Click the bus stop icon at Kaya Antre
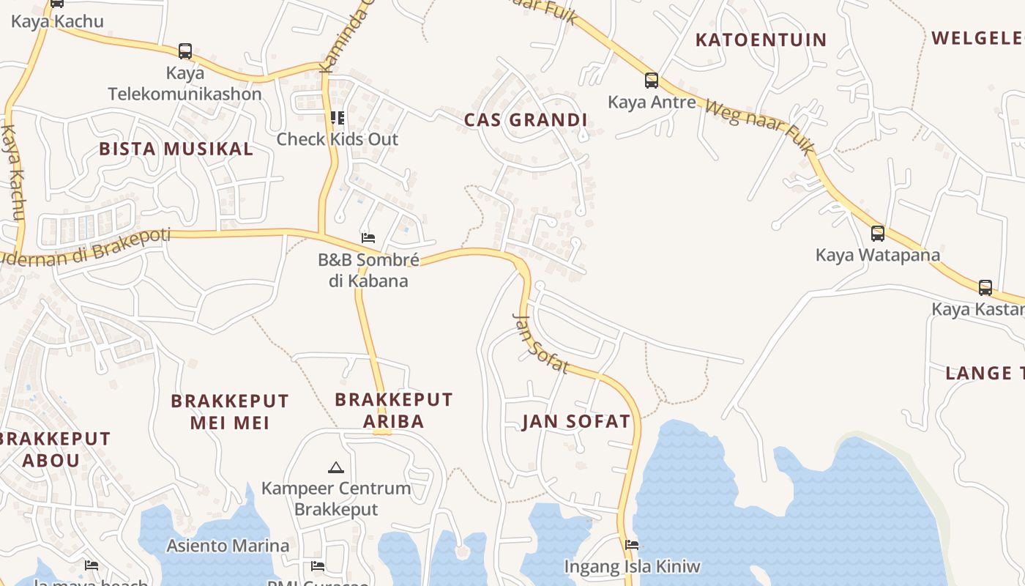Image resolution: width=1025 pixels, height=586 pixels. [x=651, y=80]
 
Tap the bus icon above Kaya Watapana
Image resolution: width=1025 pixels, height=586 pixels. [x=877, y=234]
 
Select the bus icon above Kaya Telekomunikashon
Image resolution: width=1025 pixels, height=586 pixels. [x=185, y=51]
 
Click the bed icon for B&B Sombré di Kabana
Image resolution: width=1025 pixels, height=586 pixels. [x=368, y=237]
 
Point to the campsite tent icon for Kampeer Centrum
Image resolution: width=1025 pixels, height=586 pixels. [x=335, y=467]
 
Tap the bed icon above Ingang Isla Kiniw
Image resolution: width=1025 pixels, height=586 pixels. [x=632, y=544]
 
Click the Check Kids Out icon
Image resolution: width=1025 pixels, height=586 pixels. [x=337, y=117]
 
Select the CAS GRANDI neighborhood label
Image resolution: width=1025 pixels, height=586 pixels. [x=526, y=120]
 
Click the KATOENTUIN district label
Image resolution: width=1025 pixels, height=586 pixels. [x=761, y=40]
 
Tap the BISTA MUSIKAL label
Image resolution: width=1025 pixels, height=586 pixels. [x=176, y=149]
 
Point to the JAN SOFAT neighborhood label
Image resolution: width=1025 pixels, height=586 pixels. [x=575, y=421]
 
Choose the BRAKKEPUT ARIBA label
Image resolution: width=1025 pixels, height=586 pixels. [x=394, y=410]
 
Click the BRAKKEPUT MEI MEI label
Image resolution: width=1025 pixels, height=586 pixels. [x=230, y=412]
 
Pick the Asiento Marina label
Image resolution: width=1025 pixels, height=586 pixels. [x=228, y=546]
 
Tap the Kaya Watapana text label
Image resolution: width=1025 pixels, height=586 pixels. [x=877, y=255]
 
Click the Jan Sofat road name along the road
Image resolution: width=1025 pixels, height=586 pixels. [x=540, y=344]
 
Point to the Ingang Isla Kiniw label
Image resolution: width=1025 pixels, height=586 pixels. [x=632, y=566]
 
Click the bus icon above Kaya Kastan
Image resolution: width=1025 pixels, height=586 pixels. [x=985, y=287]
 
